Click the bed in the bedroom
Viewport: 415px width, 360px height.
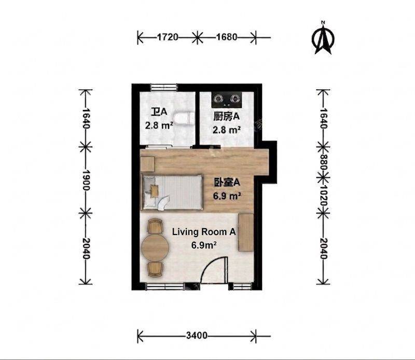[172, 192]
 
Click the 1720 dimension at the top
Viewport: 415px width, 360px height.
[168, 37]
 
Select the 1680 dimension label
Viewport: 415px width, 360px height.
[227, 37]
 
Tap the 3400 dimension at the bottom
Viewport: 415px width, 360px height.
[197, 336]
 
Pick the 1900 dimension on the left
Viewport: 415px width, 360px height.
[86, 180]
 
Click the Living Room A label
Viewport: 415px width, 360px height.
[204, 232]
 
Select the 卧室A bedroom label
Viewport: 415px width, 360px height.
[227, 183]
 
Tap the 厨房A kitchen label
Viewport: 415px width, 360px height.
[227, 116]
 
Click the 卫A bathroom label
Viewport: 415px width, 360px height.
[159, 112]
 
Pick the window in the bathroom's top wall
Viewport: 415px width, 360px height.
[163, 87]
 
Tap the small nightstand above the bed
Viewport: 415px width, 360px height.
[147, 163]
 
